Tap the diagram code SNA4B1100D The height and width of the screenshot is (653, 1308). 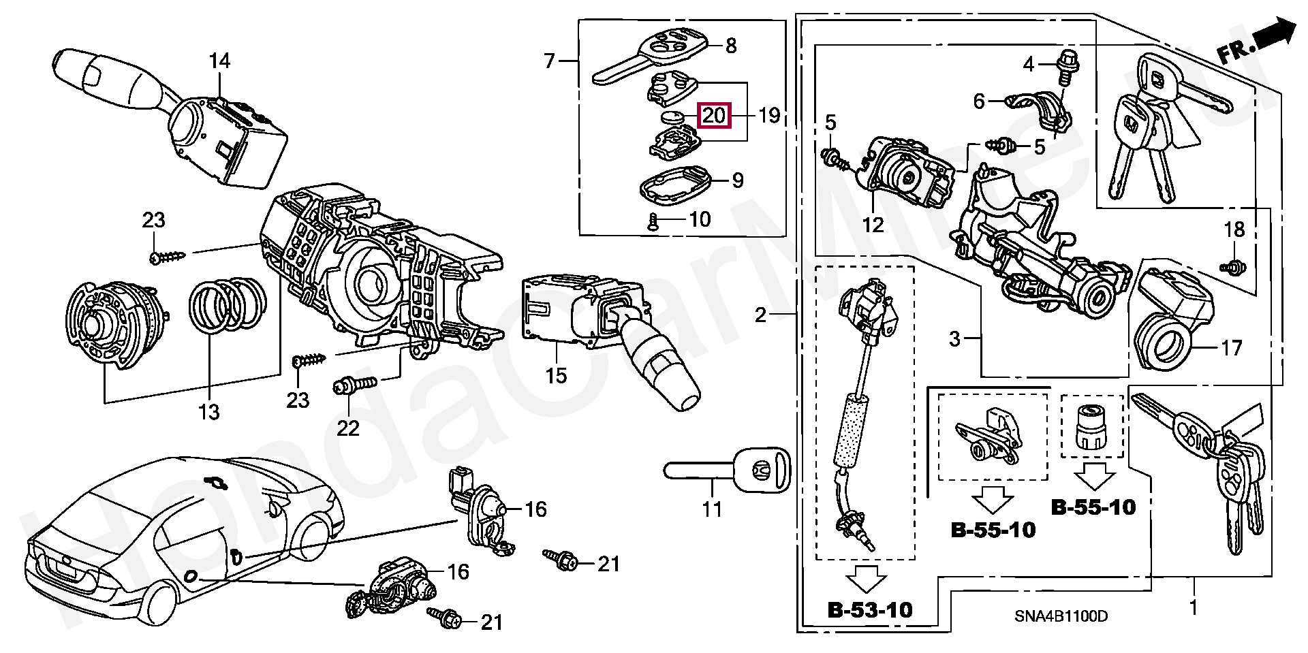click(x=1061, y=616)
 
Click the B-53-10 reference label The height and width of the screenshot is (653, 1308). click(x=869, y=609)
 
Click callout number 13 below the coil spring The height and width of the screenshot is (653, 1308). click(x=209, y=411)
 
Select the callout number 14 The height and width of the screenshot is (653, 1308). click(x=219, y=61)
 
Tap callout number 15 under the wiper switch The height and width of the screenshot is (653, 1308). click(x=556, y=375)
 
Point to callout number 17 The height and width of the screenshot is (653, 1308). click(x=1231, y=348)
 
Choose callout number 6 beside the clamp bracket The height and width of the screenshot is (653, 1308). click(x=979, y=102)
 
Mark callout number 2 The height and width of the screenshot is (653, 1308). click(x=760, y=315)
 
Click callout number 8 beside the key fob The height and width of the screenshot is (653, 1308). click(x=730, y=46)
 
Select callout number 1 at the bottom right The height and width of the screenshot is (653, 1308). click(x=1192, y=607)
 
